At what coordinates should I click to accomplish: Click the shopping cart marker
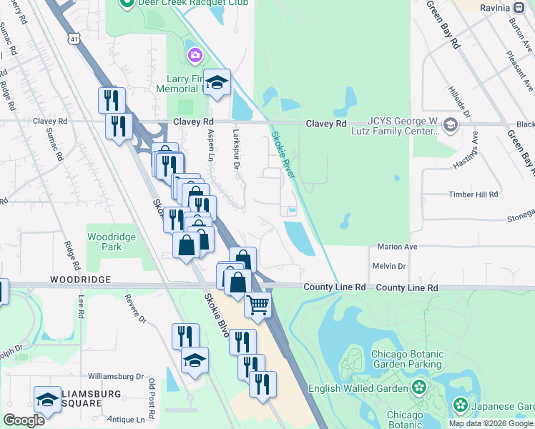point(258,305)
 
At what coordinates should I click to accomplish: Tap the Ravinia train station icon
point(520,8)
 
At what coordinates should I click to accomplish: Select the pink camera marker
point(194,55)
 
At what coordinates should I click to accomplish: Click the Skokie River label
point(284,154)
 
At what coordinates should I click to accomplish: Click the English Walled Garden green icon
point(419,388)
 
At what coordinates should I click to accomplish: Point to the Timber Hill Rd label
point(473,194)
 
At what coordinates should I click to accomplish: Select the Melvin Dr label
point(389,266)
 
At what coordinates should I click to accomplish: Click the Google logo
point(24,420)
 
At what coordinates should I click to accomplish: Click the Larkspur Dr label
point(236,149)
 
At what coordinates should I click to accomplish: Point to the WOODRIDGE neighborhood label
point(80,279)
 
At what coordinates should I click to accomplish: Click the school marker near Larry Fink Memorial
point(217,82)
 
